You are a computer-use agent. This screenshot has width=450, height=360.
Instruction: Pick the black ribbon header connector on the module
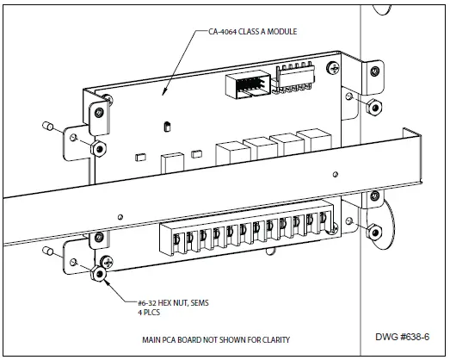point(246,86)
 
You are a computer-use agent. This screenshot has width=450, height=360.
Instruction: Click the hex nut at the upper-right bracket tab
point(375,106)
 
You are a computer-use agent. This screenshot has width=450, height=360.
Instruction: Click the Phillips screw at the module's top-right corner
point(348,96)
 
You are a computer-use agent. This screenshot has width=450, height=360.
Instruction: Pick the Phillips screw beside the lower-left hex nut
point(107,261)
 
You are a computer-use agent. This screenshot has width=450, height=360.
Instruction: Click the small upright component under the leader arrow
point(163,127)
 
